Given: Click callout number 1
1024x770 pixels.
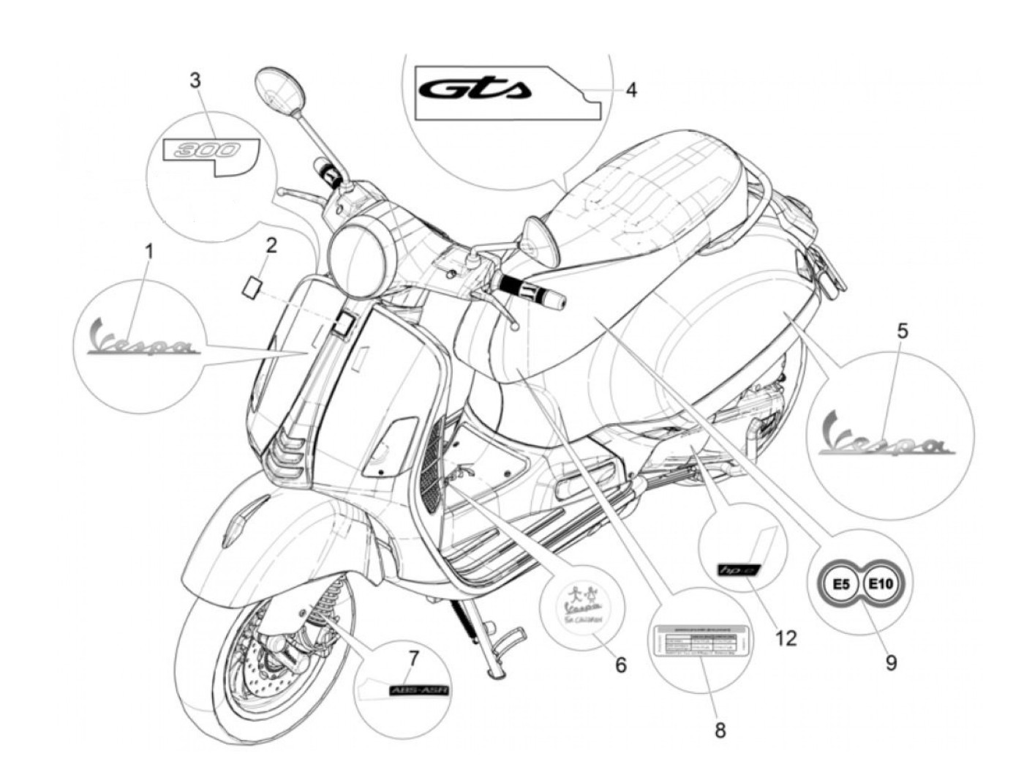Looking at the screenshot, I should pyautogui.click(x=148, y=253).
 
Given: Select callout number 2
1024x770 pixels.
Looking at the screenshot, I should pyautogui.click(x=271, y=245).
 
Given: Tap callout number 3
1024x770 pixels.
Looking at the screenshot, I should pyautogui.click(x=195, y=80).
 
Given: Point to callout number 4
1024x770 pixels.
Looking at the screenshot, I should pyautogui.click(x=630, y=90).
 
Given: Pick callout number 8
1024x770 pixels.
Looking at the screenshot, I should pyautogui.click(x=720, y=730).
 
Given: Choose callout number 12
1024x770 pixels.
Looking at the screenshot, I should pyautogui.click(x=786, y=638).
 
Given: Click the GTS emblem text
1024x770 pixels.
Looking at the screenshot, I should pyautogui.click(x=475, y=90).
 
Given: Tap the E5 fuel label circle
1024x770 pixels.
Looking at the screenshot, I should pyautogui.click(x=842, y=584).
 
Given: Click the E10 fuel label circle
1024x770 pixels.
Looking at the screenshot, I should pyautogui.click(x=884, y=584).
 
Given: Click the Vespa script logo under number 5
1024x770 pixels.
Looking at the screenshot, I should pyautogui.click(x=885, y=437).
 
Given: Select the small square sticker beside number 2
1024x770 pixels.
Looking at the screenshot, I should pyautogui.click(x=253, y=285).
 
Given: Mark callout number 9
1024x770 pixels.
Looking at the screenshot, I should pyautogui.click(x=891, y=662).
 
